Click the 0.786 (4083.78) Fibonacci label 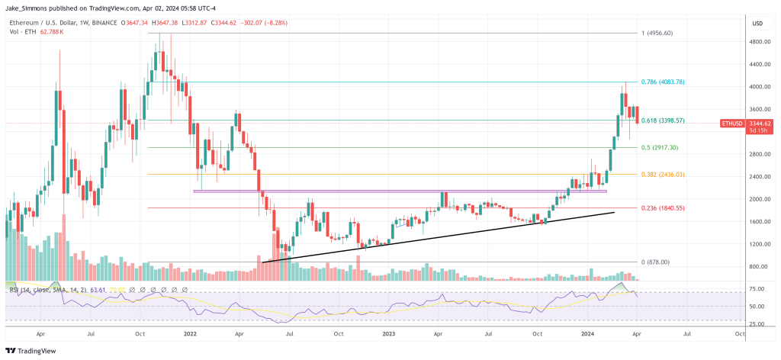(662, 82)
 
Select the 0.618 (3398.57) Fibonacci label (662, 121)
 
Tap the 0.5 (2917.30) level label (659, 147)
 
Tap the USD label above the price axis (757, 23)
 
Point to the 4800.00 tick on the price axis (760, 42)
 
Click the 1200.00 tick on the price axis (760, 244)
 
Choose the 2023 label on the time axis (390, 333)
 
